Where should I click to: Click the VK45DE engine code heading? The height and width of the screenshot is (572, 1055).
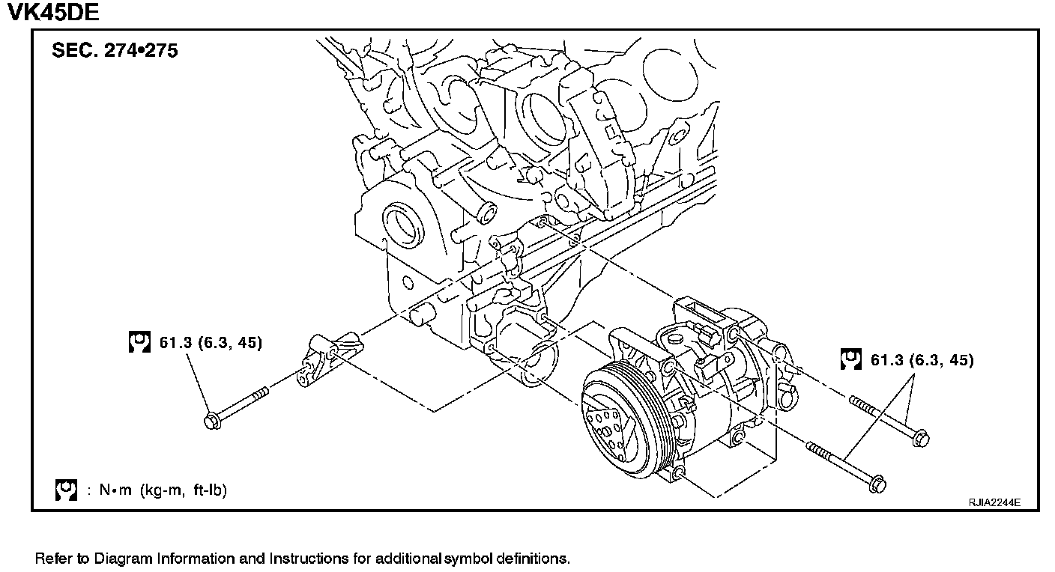point(52,13)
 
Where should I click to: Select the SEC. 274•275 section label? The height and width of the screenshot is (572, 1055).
point(115,52)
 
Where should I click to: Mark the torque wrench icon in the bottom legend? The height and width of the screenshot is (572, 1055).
point(66,490)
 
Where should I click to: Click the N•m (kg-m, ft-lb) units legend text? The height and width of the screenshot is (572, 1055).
point(156,490)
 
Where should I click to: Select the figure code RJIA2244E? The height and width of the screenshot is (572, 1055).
point(994,502)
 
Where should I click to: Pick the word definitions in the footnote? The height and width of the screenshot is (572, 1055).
point(533,559)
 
